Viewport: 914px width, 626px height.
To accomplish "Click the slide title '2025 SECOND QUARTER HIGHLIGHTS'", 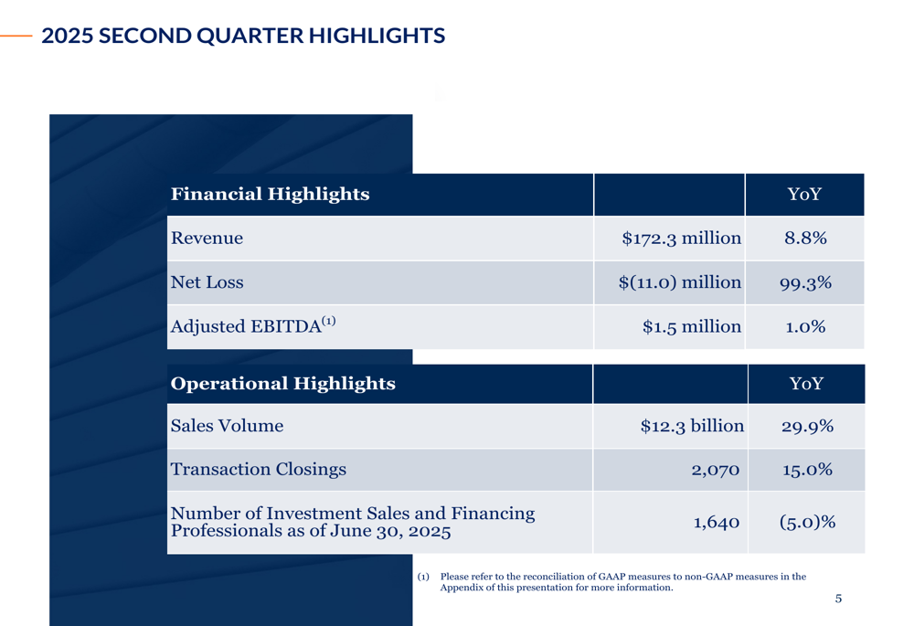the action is click(243, 36).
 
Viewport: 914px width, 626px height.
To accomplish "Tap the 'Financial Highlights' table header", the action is click(270, 194).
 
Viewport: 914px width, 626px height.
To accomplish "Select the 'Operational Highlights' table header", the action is click(282, 384).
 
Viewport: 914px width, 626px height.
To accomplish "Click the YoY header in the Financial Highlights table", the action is click(804, 194).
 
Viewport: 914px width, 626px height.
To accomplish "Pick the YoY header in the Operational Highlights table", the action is click(806, 384).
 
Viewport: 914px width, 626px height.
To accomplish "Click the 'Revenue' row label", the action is click(207, 239).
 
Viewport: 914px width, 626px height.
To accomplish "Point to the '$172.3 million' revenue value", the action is click(682, 239).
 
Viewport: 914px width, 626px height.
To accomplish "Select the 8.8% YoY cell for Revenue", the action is click(805, 239).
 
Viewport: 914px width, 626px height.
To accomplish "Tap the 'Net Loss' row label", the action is click(207, 282).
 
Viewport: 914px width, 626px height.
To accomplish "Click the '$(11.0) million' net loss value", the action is click(680, 282).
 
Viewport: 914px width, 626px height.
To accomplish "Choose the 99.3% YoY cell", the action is click(805, 283).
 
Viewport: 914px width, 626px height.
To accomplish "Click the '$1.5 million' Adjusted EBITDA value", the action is click(692, 326).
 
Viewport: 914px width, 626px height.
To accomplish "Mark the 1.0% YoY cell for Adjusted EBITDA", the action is click(805, 327).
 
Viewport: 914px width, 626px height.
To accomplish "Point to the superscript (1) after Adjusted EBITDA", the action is click(329, 321).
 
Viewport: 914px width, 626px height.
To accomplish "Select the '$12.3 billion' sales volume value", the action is click(692, 426).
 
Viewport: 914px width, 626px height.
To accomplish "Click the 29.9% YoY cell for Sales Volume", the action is click(807, 427).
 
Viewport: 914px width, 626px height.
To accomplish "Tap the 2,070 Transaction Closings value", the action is click(716, 470).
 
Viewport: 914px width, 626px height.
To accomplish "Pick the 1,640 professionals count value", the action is click(717, 522).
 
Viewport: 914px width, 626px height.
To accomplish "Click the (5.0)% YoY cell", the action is click(807, 522).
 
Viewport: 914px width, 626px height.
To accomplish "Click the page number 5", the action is click(838, 599).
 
